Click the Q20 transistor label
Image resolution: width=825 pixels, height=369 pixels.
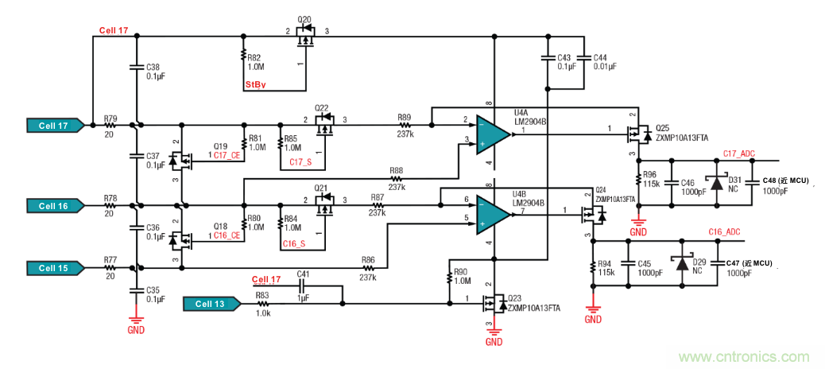click(304, 18)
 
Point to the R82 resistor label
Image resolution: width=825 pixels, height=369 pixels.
click(254, 58)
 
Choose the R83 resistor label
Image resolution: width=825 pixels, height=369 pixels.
click(261, 295)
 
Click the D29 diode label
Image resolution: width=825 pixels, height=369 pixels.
click(699, 262)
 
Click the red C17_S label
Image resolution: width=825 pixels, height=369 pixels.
click(300, 162)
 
